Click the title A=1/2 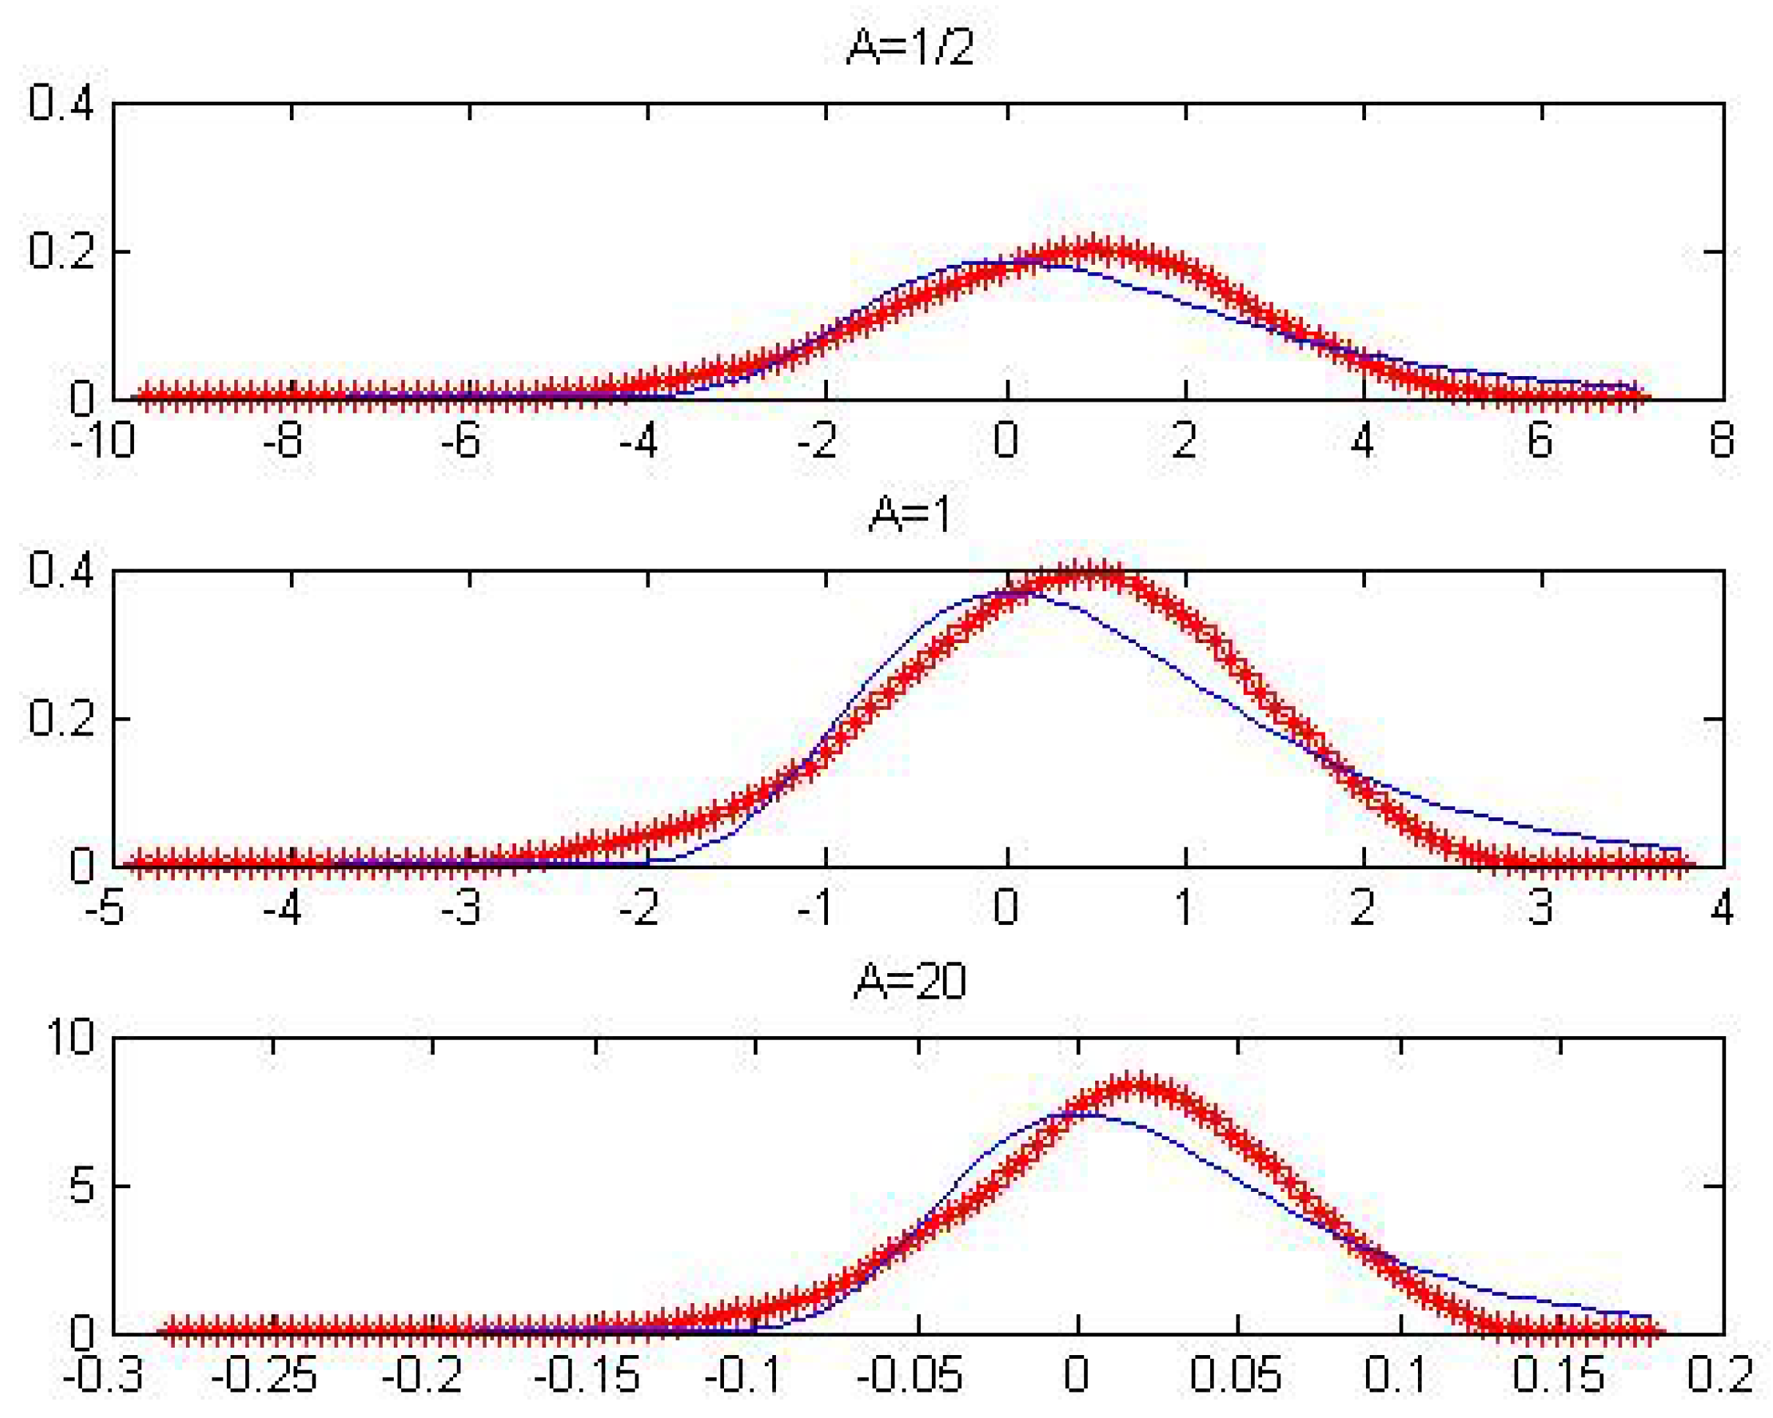tap(911, 47)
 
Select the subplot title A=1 tap(911, 514)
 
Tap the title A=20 tap(911, 981)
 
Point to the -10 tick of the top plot tap(102, 440)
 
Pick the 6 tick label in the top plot tap(1540, 440)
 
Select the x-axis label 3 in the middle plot tap(1540, 907)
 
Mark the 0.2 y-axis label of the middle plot tap(61, 719)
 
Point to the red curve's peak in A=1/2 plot tap(1092, 249)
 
